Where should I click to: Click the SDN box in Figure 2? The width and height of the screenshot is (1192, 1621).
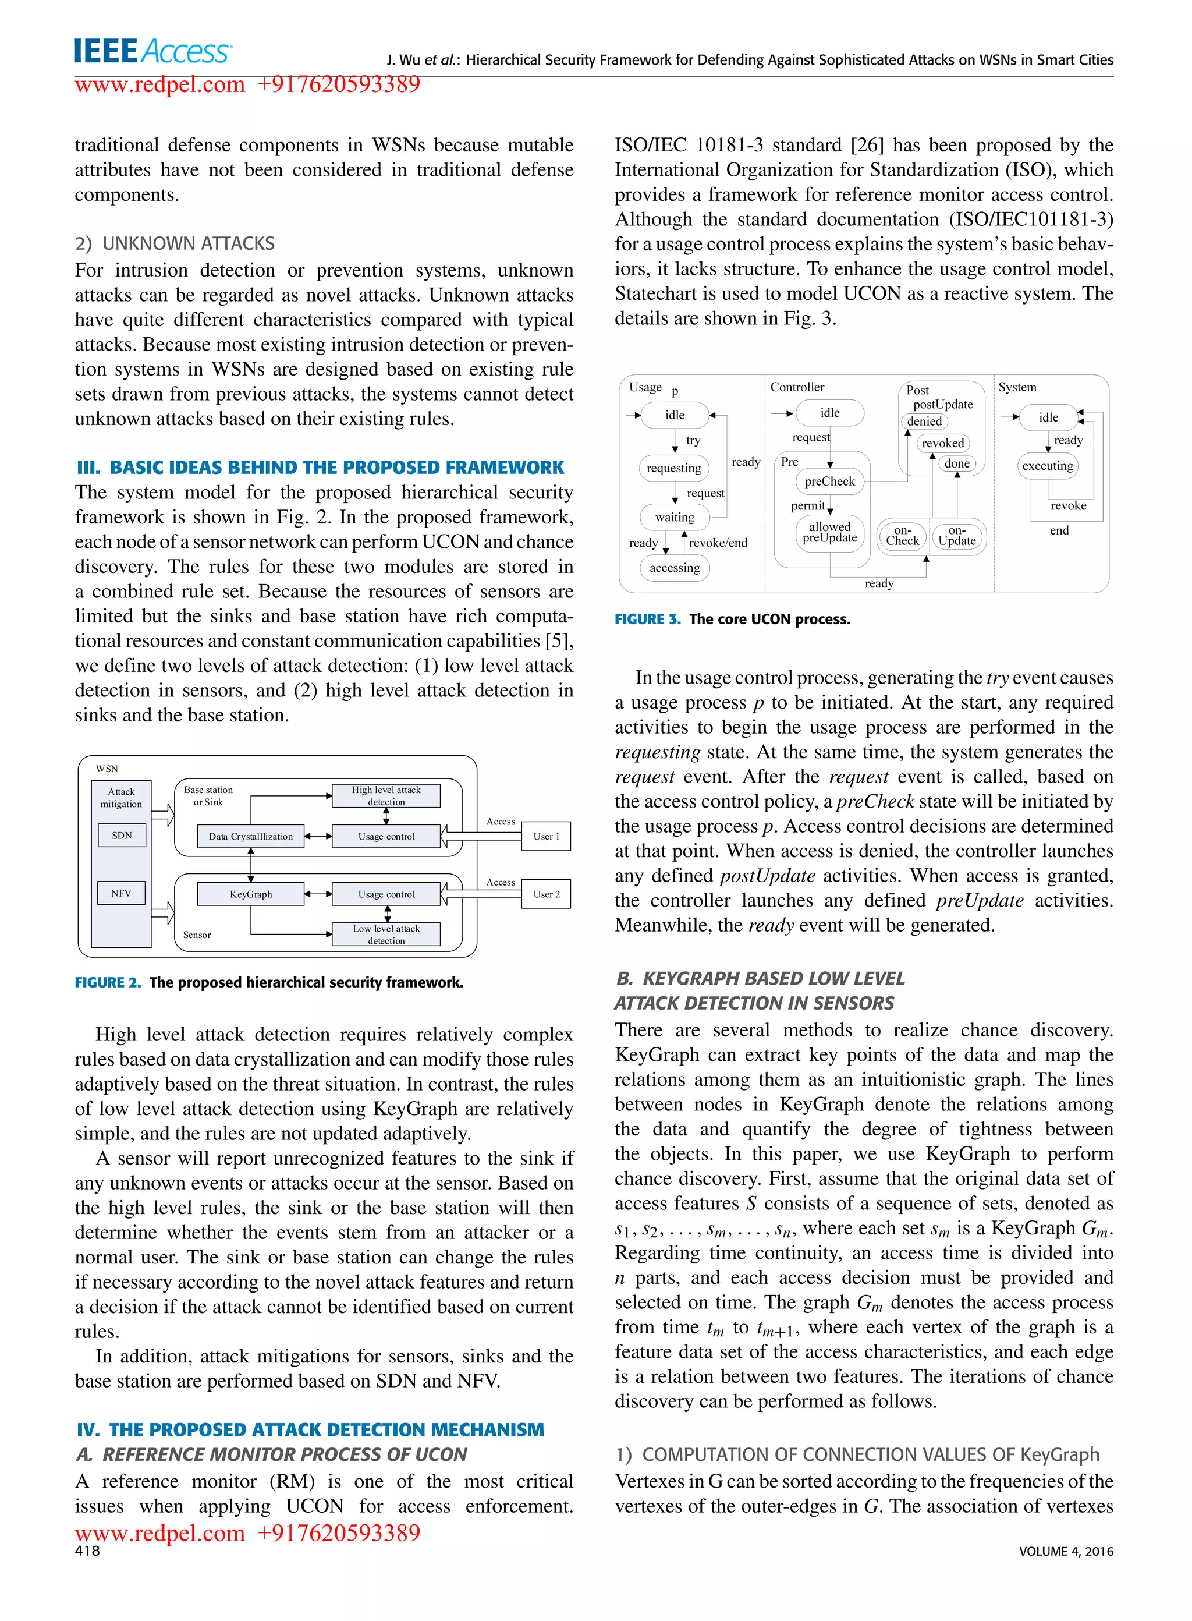click(121, 835)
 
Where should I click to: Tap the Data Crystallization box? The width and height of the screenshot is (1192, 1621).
click(250, 837)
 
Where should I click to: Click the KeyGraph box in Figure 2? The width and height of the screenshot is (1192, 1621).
click(250, 894)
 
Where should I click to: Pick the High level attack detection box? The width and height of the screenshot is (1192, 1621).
click(386, 795)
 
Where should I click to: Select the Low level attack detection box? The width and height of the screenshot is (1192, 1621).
click(386, 935)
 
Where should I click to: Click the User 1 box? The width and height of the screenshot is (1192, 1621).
click(546, 837)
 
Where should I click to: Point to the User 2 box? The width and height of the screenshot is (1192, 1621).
click(546, 894)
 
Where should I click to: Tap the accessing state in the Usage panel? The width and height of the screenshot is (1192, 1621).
click(674, 568)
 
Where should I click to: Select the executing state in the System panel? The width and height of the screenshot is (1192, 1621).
click(1047, 466)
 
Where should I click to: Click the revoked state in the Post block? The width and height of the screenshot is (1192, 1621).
click(942, 443)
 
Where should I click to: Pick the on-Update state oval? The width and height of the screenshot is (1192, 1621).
click(957, 536)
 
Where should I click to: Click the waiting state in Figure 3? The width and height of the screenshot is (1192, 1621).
click(674, 517)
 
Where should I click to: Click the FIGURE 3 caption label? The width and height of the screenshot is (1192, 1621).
click(647, 620)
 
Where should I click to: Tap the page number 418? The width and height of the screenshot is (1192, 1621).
click(87, 1551)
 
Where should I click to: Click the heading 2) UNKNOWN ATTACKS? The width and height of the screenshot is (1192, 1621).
click(175, 243)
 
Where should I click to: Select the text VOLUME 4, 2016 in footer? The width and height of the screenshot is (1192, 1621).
click(1066, 1552)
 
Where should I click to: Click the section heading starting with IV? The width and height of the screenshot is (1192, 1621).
click(310, 1430)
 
